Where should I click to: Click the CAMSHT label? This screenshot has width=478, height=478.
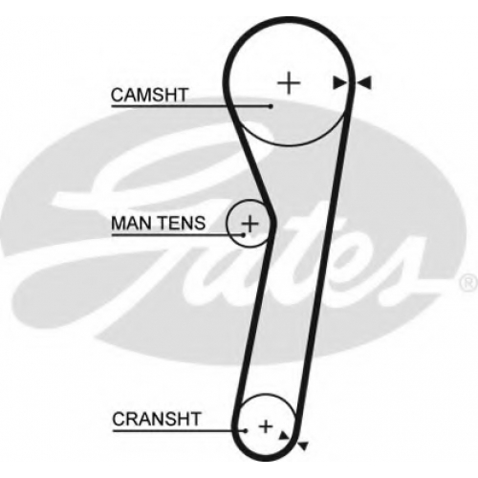[149, 95]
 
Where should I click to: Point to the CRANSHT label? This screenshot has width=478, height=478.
[156, 419]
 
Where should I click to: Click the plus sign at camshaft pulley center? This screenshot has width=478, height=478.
[289, 83]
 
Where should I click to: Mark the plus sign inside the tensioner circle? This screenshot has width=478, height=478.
[250, 224]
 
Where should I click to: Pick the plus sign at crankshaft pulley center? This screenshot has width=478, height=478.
[266, 426]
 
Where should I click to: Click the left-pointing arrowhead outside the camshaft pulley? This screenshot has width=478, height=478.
[363, 83]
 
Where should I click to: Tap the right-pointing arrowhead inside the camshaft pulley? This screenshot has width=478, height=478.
[340, 83]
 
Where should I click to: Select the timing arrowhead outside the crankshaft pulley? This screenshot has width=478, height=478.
[302, 445]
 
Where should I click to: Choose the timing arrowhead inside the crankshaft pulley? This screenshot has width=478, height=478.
[284, 436]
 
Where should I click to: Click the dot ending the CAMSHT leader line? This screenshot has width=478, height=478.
[271, 106]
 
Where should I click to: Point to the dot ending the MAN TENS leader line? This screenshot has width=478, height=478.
[244, 235]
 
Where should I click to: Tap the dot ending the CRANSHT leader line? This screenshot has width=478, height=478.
[246, 431]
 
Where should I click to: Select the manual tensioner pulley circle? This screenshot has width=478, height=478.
[227, 224]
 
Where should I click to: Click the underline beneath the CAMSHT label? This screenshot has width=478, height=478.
[190, 106]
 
